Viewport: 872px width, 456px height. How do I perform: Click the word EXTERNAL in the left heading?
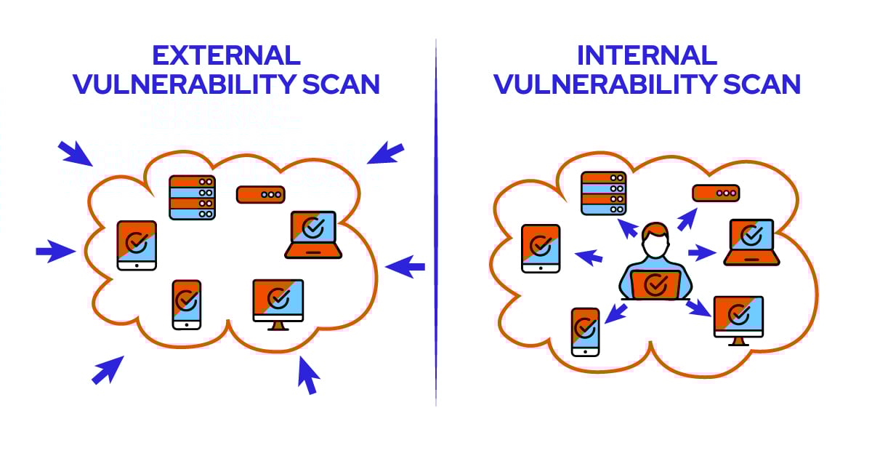(226, 55)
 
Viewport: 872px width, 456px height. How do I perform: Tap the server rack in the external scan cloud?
(192, 197)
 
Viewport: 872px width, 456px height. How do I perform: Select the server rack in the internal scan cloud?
(603, 193)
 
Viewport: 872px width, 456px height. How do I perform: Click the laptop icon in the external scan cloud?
(313, 234)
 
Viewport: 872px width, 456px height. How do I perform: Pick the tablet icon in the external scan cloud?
(137, 245)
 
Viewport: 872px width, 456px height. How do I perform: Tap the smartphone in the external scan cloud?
(187, 304)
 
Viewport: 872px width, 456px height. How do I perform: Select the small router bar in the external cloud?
(260, 194)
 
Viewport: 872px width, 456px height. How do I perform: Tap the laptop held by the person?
(655, 284)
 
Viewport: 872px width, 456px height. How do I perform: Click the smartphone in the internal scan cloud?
(585, 332)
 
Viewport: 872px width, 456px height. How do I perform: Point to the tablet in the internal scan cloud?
(541, 248)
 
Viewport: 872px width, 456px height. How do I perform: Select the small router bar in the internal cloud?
(715, 193)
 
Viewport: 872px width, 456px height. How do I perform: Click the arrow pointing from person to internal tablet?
(588, 256)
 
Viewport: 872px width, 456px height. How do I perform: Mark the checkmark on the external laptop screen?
(313, 227)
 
